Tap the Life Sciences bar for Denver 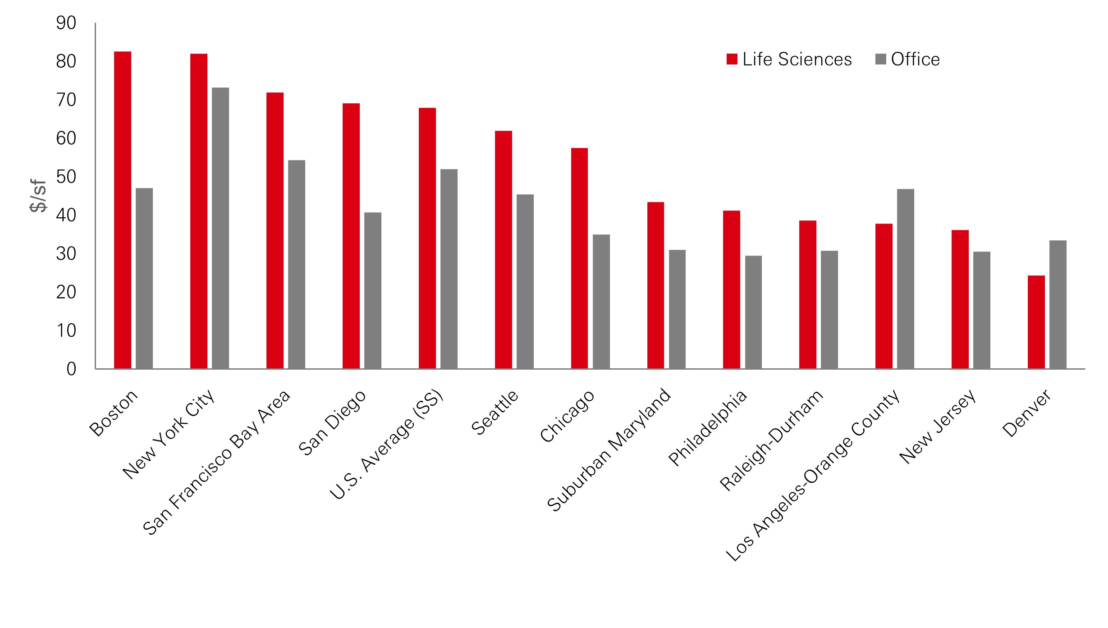pos(1036,322)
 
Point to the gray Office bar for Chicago pos(601,302)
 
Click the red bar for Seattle pos(504,250)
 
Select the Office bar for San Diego pos(373,290)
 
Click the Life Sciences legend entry pos(789,60)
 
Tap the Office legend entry pos(908,60)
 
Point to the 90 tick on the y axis pos(66,23)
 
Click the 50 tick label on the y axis pos(66,177)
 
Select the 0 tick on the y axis pos(71,369)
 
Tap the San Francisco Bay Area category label pos(217,463)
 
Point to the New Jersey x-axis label pos(938,426)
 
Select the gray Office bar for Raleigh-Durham pos(829,310)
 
